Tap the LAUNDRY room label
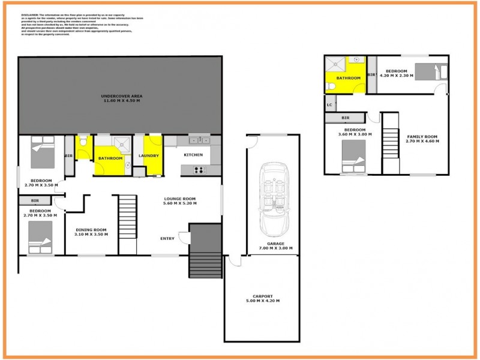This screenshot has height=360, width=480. click(148, 156)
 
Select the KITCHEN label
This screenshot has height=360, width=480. click(193, 155)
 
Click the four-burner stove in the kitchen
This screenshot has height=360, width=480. click(199, 170)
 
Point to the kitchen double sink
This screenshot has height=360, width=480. click(197, 140)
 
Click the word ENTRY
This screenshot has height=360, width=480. click(167, 239)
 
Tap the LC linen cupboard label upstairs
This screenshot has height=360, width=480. click(329, 105)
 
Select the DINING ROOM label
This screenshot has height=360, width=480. click(91, 230)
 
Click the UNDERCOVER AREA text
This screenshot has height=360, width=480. click(121, 96)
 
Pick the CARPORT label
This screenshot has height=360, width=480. click(262, 296)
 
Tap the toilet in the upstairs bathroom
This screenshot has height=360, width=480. click(331, 87)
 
